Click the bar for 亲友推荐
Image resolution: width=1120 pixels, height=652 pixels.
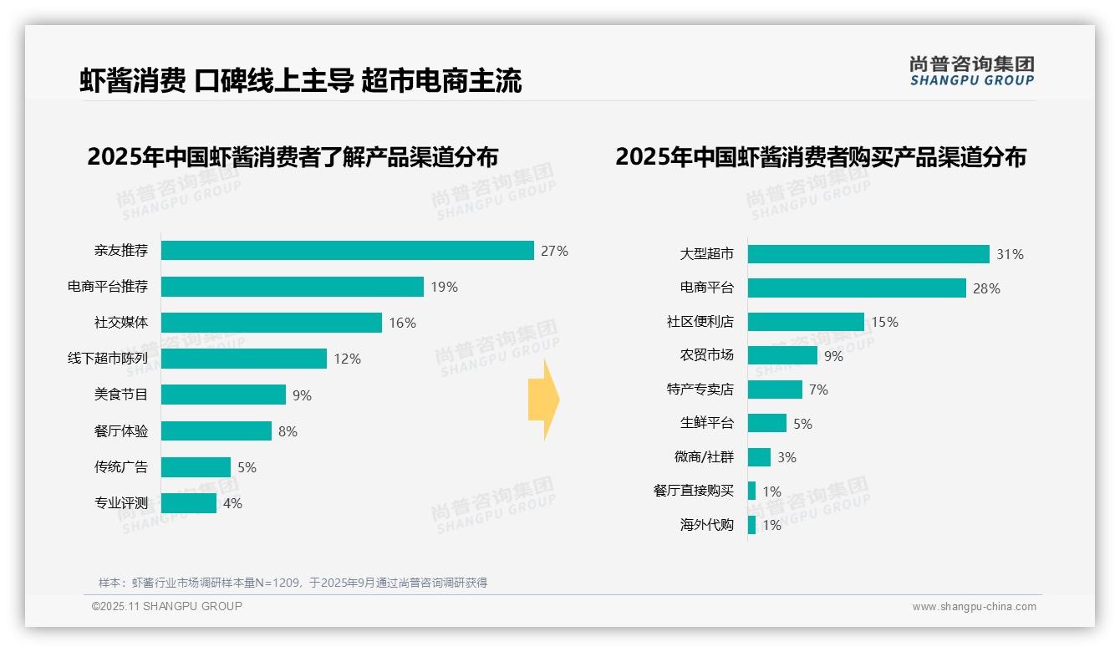point(347,251)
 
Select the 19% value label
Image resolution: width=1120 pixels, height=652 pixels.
point(445,287)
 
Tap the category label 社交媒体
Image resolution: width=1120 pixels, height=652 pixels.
point(121,323)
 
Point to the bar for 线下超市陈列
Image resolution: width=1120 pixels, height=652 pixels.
point(243,359)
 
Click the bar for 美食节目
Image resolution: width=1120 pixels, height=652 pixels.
point(223,395)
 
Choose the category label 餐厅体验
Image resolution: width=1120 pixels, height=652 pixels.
point(121,431)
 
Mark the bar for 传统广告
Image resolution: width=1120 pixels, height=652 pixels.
point(196,467)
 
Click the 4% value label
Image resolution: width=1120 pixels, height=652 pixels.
point(232,503)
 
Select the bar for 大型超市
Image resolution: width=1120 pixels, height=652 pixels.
point(868,254)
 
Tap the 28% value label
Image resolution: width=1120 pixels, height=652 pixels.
point(986,288)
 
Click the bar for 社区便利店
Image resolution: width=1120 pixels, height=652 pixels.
point(806,322)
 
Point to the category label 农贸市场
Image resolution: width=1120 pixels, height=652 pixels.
point(707,355)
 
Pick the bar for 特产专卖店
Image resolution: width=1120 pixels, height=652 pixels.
point(775,390)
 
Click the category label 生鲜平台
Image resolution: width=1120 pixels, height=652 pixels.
point(707,424)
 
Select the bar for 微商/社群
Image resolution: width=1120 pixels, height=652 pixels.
point(759,457)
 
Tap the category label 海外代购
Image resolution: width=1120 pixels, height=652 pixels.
point(707,525)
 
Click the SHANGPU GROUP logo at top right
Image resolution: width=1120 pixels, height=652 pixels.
point(972,71)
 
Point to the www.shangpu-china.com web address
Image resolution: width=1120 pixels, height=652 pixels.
point(974,607)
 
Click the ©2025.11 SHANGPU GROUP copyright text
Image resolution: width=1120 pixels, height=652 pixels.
point(167,606)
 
